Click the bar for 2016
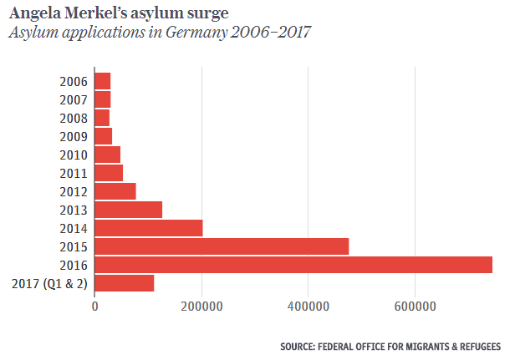click(x=293, y=265)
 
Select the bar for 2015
click(x=222, y=246)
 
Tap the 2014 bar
click(x=149, y=228)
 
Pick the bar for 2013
click(x=129, y=210)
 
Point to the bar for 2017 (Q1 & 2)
click(x=125, y=283)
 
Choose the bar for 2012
click(x=115, y=191)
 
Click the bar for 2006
click(x=103, y=81)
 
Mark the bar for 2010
click(x=108, y=155)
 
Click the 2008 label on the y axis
click(x=74, y=118)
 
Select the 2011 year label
click(x=74, y=173)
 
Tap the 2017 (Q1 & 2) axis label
click(x=50, y=283)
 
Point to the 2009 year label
click(x=74, y=136)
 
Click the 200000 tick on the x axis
click(x=201, y=307)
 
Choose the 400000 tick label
click(x=308, y=307)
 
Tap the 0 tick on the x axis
click(x=95, y=307)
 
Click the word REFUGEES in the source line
click(x=476, y=346)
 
